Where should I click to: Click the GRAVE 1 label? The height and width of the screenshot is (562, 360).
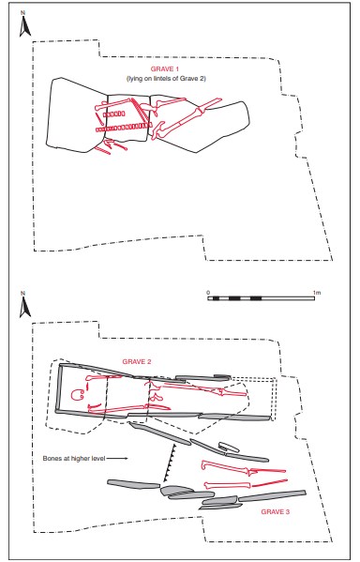pos(164,69)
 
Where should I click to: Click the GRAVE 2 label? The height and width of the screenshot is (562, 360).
pos(137,361)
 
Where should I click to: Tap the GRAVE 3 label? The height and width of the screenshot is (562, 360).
pos(275,512)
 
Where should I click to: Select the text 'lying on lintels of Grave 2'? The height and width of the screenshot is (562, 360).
pos(166,79)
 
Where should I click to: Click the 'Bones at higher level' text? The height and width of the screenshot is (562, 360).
pos(74,458)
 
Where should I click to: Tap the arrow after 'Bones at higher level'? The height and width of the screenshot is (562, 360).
pos(117,459)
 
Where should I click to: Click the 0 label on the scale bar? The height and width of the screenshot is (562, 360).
pos(208,293)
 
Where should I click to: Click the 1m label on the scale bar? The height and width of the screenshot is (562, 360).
pos(317,293)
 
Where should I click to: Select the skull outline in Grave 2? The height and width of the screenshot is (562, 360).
pos(78,395)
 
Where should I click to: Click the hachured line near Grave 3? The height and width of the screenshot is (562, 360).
pos(170,463)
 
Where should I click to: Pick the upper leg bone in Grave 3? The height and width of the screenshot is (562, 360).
pos(244,468)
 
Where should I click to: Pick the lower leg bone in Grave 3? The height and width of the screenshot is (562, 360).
pos(246,485)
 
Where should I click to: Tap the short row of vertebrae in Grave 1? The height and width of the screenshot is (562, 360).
pos(114,114)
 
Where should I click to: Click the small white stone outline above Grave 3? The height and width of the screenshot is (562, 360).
pos(229,447)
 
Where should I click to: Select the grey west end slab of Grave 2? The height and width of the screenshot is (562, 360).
pos(59,388)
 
